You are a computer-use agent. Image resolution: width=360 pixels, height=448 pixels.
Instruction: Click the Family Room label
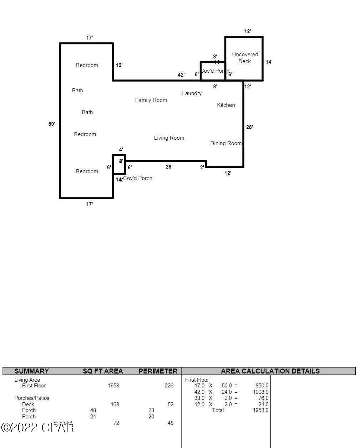tap(151, 100)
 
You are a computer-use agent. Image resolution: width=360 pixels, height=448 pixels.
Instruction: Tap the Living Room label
tap(169, 138)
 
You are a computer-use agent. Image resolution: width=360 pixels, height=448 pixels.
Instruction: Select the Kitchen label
tap(226, 105)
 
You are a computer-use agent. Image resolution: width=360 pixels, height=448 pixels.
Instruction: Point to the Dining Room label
tap(225, 143)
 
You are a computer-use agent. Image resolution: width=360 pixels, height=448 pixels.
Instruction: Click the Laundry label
tap(192, 93)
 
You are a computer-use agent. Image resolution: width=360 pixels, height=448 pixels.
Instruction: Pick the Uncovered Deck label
tap(245, 58)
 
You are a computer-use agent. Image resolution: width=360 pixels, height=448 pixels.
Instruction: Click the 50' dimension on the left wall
tap(52, 124)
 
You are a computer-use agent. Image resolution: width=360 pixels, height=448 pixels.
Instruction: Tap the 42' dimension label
tap(181, 75)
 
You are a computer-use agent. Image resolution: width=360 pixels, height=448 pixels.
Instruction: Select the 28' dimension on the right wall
tap(249, 127)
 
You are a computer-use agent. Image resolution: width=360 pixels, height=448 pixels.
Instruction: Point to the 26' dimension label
tap(169, 167)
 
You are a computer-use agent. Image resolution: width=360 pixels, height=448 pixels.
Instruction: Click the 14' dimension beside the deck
tap(269, 62)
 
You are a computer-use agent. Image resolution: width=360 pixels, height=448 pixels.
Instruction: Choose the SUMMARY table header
tap(31, 371)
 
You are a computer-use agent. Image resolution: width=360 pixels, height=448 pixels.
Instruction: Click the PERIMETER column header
tap(158, 371)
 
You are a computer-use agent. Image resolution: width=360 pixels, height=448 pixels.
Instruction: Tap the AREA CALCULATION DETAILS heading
tap(270, 371)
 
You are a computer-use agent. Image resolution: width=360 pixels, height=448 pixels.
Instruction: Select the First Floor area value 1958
tap(113, 386)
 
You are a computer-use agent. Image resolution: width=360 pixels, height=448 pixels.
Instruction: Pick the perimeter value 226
tap(169, 386)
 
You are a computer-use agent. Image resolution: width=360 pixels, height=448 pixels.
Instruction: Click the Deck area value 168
tap(115, 405)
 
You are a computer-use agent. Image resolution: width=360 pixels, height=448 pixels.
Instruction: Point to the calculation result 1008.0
tap(260, 392)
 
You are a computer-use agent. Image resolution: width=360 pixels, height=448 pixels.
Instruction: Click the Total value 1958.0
tap(260, 410)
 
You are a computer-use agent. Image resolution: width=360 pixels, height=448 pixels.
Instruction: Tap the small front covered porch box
tap(119, 164)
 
